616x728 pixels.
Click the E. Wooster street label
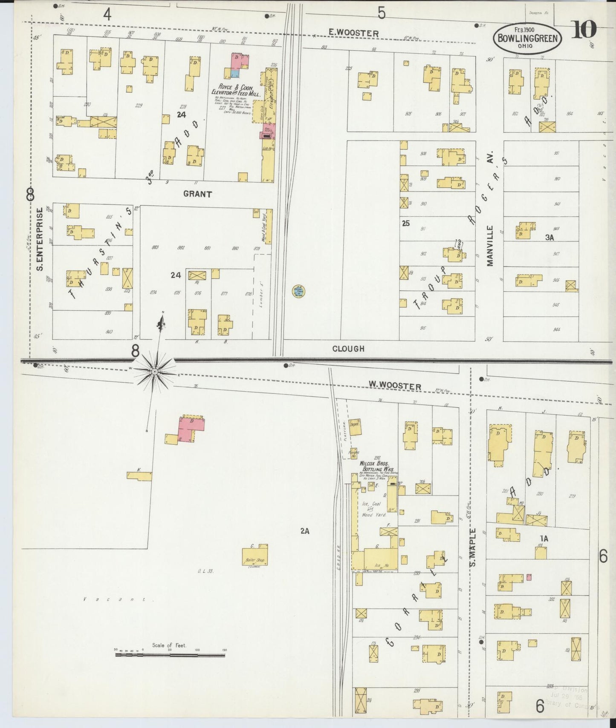[x=353, y=33]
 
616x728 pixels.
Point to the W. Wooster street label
[x=395, y=386]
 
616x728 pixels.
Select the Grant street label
[x=197, y=194]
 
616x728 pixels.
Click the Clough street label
[x=348, y=349]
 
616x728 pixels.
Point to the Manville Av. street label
[x=489, y=246]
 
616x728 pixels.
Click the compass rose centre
[x=155, y=372]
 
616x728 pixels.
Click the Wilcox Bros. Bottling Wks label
[x=374, y=466]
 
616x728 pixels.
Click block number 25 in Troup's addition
[x=405, y=223]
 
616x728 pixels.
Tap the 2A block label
[x=304, y=530]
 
